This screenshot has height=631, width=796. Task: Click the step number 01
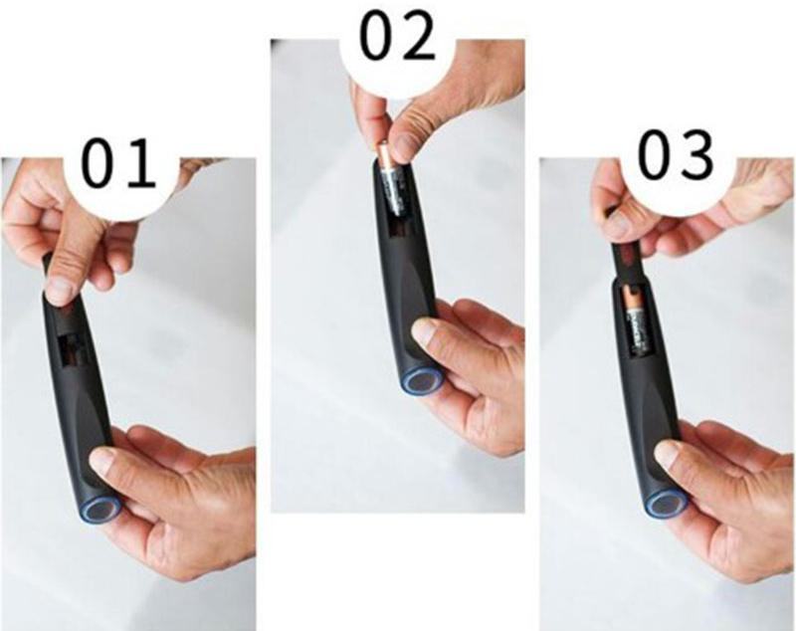point(117,164)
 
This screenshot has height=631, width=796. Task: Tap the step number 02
point(397,37)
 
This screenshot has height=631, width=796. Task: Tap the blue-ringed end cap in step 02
point(421,380)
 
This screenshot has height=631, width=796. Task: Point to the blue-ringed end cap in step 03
point(666,505)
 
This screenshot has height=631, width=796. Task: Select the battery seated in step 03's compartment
point(636,319)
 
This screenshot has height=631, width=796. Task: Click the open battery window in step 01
point(74,349)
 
